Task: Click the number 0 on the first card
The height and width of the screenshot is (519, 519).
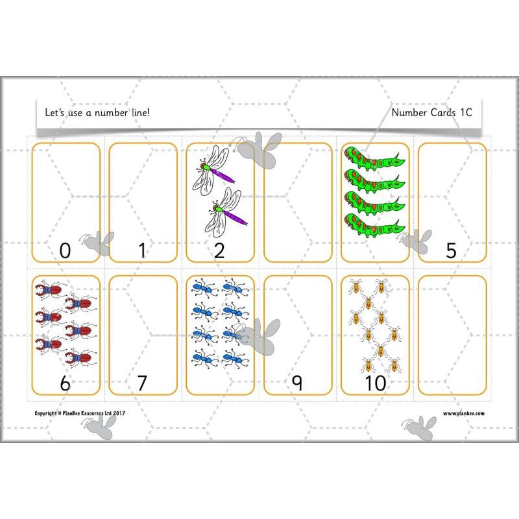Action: pos(65,250)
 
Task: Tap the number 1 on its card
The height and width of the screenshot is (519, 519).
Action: pos(142,250)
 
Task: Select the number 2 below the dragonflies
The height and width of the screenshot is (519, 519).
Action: pos(219,250)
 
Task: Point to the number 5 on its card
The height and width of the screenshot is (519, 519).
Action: pos(452,250)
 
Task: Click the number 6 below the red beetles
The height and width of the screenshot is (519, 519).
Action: pos(65,383)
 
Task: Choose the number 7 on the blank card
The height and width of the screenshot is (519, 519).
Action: pos(142,383)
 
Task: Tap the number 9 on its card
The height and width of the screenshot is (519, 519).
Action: pos(297,383)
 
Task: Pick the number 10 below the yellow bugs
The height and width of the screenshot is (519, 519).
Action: pos(374,383)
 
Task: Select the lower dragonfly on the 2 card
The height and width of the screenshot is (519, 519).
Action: pos(226,211)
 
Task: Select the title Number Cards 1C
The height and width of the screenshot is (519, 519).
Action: pos(431,112)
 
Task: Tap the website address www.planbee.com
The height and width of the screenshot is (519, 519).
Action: pos(463,413)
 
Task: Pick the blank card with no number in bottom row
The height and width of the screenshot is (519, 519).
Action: pos(452,334)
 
